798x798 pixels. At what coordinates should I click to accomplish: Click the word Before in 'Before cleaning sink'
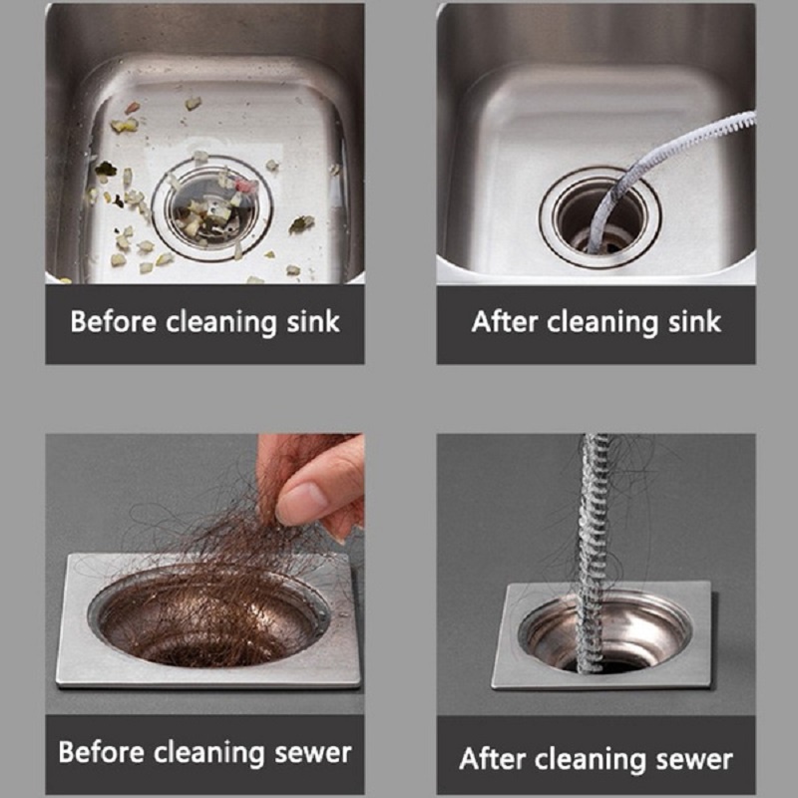point(113,321)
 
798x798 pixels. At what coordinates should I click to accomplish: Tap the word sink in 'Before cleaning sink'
point(313,321)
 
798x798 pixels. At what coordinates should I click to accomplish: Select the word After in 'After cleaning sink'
point(505,321)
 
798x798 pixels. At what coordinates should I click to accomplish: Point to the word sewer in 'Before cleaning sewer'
point(313,753)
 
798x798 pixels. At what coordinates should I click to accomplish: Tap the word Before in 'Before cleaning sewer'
point(101,752)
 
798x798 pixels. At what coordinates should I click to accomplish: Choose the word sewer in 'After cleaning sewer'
point(694,760)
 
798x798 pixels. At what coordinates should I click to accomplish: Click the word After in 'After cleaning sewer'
point(492,758)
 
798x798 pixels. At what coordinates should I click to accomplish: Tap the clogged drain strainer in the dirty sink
point(212,208)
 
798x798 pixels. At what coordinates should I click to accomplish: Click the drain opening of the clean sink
point(600,216)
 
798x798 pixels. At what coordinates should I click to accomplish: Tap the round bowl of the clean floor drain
point(604,634)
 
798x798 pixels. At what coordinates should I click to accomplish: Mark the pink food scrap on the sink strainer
point(247,186)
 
